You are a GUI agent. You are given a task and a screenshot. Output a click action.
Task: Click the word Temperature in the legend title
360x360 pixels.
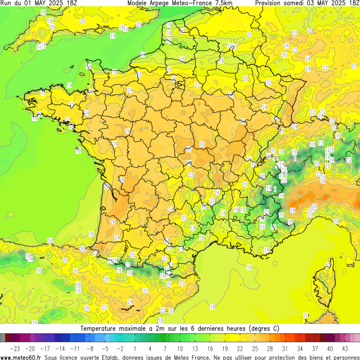101,329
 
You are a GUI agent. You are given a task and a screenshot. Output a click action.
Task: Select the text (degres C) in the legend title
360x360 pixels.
260,329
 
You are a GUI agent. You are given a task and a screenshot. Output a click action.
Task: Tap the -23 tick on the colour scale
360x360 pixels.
15,348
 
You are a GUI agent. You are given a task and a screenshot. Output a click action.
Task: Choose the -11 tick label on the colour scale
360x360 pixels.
75,348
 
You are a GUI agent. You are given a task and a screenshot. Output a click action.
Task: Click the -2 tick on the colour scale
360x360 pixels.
119,348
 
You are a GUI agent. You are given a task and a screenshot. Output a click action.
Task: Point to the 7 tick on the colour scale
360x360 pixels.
165,348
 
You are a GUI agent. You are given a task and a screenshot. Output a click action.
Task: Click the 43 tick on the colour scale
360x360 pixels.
345,348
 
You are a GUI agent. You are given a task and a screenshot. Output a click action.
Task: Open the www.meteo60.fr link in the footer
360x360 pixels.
21,357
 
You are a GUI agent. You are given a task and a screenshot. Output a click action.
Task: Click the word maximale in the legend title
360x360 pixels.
137,329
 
